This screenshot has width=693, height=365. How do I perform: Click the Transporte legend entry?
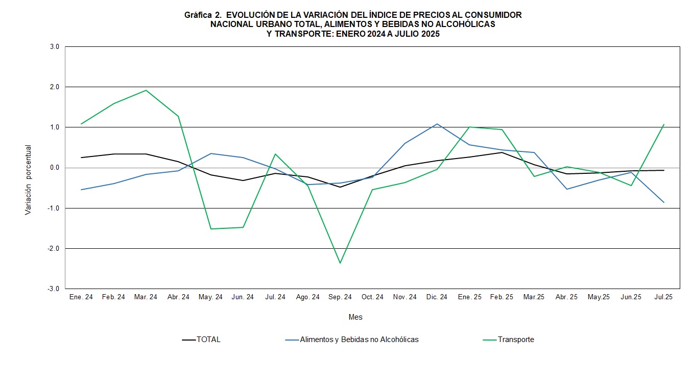(x=516, y=340)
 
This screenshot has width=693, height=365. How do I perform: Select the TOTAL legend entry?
(x=208, y=340)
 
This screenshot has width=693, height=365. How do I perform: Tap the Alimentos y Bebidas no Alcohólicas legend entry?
(x=359, y=340)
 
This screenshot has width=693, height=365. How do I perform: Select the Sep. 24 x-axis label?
(x=340, y=297)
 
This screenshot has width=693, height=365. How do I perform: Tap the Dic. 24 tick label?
(x=437, y=297)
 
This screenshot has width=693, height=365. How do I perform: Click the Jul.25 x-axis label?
(x=663, y=297)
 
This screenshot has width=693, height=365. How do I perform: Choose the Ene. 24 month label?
(x=81, y=297)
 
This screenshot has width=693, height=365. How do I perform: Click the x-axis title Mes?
(x=355, y=317)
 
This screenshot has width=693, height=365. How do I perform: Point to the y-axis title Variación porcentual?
(x=28, y=180)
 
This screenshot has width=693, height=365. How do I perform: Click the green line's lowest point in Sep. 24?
(x=340, y=263)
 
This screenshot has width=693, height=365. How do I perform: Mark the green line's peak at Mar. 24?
(x=146, y=90)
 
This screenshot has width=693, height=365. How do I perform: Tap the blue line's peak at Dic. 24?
(x=437, y=124)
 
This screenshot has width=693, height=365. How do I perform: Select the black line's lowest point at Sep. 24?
(x=340, y=187)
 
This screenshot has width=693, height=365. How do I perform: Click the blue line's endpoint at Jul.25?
(x=664, y=202)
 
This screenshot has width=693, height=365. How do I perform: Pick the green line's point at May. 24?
(x=210, y=229)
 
